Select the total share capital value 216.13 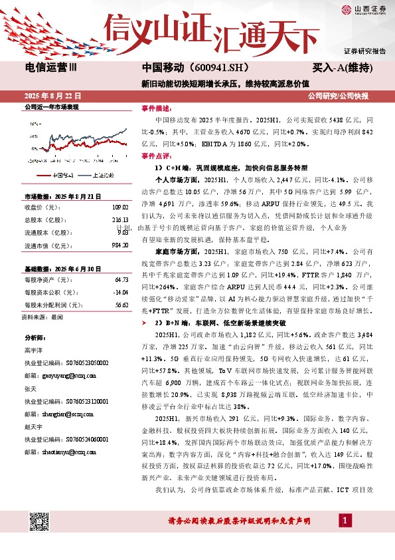click(x=119, y=219)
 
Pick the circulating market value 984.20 click(x=119, y=245)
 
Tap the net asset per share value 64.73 click(x=121, y=280)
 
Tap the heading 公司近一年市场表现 click(x=51, y=107)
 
